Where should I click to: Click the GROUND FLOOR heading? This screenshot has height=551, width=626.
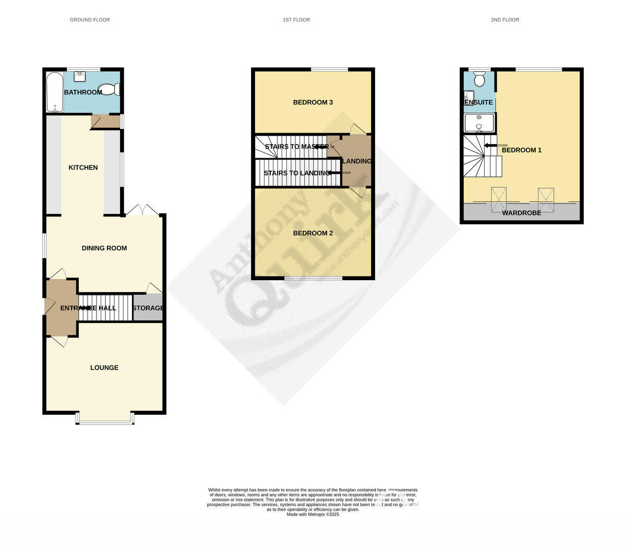[x=90, y=20]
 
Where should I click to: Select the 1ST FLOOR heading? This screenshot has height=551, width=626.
[x=296, y=20]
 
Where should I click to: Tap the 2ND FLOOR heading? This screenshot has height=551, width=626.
[x=504, y=20]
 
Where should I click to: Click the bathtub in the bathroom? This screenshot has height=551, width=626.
[x=55, y=92]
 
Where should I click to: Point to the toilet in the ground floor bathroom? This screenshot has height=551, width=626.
[x=109, y=90]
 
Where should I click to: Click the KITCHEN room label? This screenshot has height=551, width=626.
[x=83, y=167]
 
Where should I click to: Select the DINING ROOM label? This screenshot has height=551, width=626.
[x=104, y=248]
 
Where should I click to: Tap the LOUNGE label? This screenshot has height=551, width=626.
[x=104, y=368]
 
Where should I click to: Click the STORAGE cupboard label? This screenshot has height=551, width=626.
[x=148, y=308]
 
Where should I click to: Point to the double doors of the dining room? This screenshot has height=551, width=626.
[x=142, y=210]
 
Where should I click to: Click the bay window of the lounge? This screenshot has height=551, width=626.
[x=104, y=420]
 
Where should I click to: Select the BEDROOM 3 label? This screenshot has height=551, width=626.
[x=313, y=102]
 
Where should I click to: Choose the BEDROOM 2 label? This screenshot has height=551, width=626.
[x=313, y=233]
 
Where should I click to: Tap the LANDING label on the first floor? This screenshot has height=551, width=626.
[x=357, y=161]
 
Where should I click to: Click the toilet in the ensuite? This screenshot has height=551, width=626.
[x=479, y=79]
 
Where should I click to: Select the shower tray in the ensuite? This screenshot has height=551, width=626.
[x=479, y=123]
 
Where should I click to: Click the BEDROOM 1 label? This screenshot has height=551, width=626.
[x=522, y=150]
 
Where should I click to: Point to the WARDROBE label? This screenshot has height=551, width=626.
[x=522, y=213]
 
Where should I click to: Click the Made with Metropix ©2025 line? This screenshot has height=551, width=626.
[x=313, y=514]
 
